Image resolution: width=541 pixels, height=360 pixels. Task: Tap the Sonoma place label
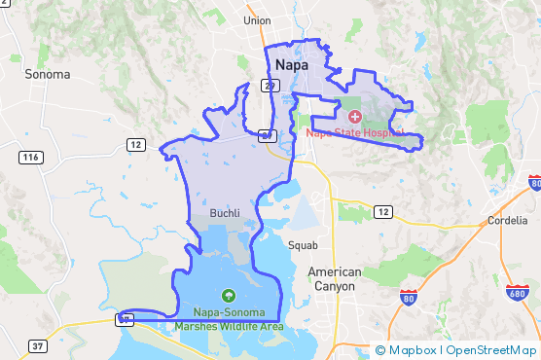[x=48, y=74]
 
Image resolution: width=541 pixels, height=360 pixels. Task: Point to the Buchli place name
[x=226, y=212]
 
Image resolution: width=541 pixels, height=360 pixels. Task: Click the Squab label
[x=303, y=245]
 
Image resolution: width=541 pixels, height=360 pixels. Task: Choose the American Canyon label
[x=334, y=278]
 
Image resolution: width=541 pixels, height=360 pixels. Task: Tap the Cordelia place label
[x=505, y=220]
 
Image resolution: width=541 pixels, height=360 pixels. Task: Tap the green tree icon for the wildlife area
[x=229, y=295]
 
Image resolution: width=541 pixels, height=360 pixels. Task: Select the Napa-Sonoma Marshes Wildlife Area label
[x=229, y=319]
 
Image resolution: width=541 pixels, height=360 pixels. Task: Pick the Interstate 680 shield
[x=518, y=294]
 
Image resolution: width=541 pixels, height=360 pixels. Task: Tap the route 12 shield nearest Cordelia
[x=383, y=211]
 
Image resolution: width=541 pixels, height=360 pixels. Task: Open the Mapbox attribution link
[x=409, y=350]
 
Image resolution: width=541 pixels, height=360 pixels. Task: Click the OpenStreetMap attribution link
[x=491, y=350]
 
